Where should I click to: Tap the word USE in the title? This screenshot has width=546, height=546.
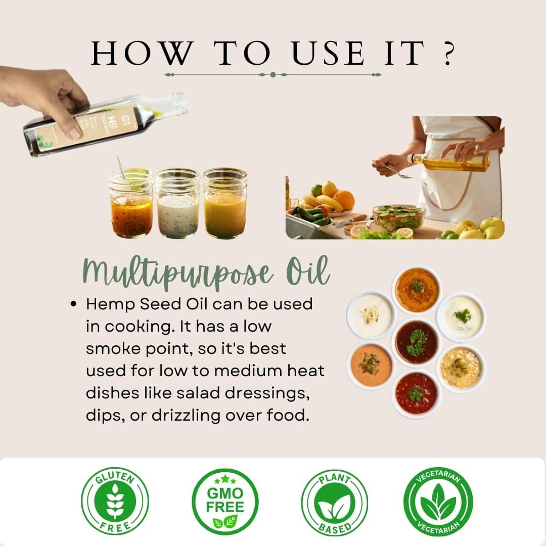[329, 53]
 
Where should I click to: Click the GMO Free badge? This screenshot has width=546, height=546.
[225, 502]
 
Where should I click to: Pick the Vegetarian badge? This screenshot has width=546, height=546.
[438, 502]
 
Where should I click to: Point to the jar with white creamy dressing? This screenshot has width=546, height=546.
[177, 203]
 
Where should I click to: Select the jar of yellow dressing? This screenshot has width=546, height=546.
[225, 203]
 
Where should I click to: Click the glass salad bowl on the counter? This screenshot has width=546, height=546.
[399, 218]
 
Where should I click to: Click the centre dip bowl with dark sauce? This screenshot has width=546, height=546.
[417, 342]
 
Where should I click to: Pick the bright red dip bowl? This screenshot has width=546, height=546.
[417, 393]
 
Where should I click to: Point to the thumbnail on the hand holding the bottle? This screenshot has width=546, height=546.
[75, 133]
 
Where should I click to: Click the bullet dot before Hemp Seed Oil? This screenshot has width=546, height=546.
[73, 304]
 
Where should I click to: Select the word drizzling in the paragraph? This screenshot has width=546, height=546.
[186, 416]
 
